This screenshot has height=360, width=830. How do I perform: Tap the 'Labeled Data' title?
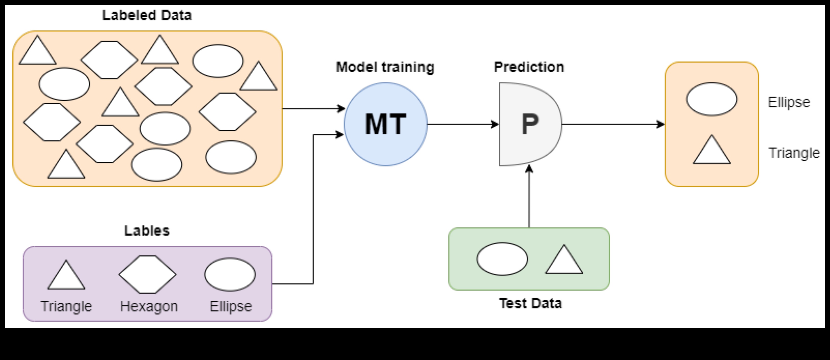point(147,15)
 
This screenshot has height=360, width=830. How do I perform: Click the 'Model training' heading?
point(385,67)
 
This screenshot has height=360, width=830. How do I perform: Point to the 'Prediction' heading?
point(529,67)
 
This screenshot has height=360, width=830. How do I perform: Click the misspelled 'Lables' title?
point(147,231)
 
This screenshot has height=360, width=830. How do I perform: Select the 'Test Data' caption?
point(530,303)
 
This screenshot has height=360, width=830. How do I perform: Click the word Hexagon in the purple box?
point(149,306)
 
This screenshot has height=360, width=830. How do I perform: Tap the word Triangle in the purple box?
point(66,306)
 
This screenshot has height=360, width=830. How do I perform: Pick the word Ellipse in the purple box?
point(231,306)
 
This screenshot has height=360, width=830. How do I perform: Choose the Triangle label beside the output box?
point(794,153)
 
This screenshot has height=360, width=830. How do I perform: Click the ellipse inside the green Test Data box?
point(502,259)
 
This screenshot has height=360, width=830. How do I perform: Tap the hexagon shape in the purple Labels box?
point(147,274)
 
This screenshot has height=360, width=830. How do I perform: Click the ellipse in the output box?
point(711,99)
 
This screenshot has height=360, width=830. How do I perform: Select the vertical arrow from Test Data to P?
point(529,197)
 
